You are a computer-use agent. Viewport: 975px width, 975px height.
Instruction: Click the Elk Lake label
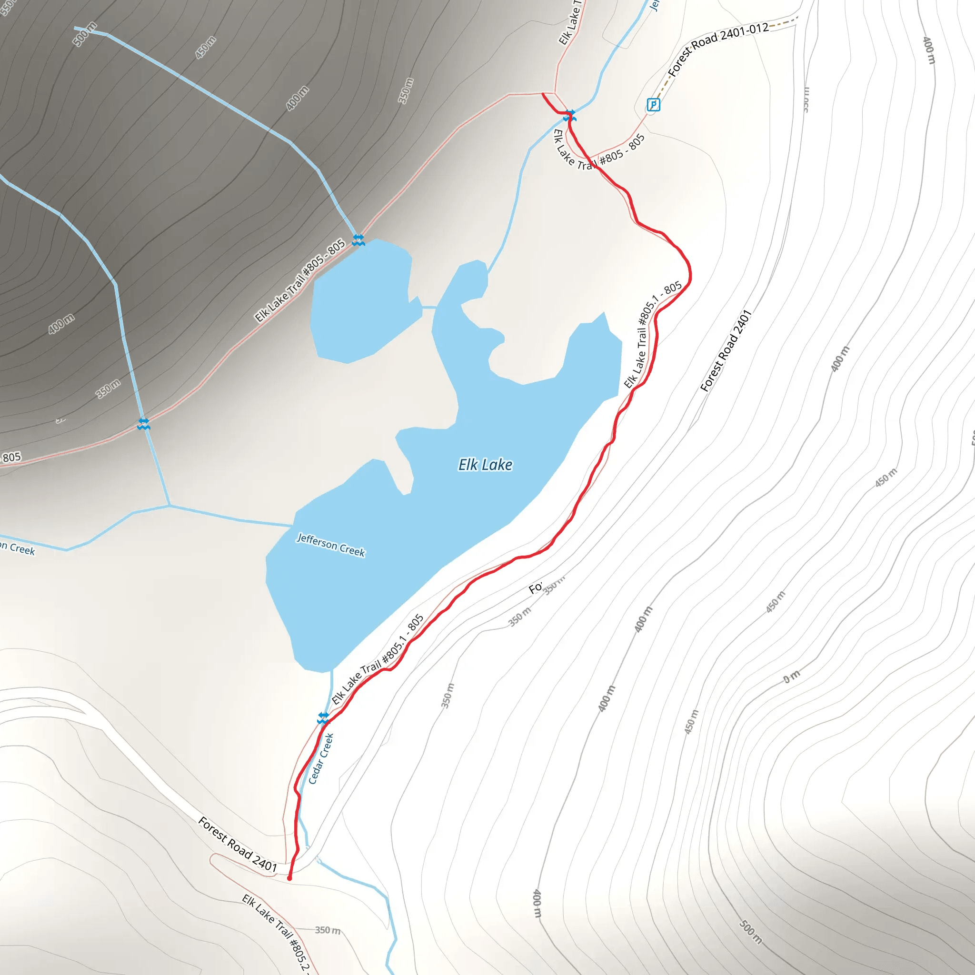point(485,465)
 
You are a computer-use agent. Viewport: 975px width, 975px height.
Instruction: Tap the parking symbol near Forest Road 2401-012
point(653,104)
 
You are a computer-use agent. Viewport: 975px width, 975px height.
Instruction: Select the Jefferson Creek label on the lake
point(330,545)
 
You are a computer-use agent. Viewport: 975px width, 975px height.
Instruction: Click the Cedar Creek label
point(321,758)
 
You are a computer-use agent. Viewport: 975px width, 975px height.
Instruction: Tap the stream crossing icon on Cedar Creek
point(323,717)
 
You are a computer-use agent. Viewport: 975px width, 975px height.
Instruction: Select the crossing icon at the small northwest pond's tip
point(358,240)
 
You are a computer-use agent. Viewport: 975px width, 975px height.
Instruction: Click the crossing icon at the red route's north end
point(570,116)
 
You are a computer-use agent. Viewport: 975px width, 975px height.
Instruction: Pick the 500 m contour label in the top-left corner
point(85,34)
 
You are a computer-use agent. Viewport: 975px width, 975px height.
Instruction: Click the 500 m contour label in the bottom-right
point(750,932)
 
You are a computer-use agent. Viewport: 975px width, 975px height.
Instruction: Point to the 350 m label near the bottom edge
point(328,930)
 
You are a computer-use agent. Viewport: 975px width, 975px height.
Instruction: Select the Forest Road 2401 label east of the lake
point(726,351)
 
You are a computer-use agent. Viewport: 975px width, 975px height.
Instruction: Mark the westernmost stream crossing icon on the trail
point(144,424)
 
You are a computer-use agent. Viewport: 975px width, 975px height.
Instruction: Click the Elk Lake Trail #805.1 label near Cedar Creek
point(378,659)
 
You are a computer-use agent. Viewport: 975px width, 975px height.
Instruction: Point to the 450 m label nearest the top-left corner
point(206,48)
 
